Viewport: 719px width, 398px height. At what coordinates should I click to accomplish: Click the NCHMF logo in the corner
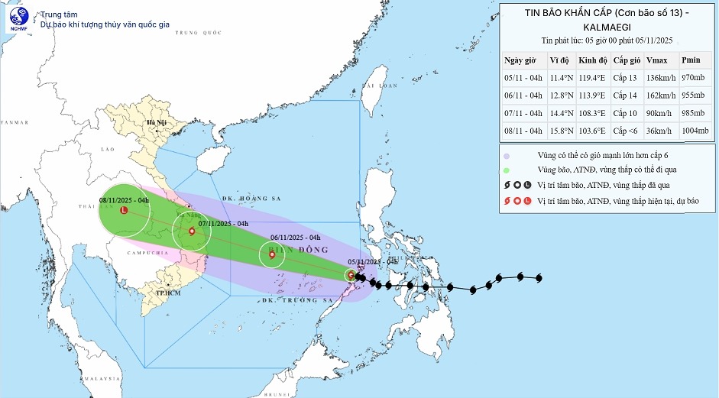17,19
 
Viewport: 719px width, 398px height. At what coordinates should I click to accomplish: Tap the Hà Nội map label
157,123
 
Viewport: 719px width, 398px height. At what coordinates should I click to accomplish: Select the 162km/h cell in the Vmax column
659,95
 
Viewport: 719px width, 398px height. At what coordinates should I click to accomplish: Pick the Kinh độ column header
591,60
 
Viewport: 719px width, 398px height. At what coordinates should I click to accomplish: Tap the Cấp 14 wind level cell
625,95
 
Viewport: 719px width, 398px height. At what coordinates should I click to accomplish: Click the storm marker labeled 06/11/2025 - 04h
272,255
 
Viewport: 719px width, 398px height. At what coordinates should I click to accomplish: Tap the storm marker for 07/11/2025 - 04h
189,231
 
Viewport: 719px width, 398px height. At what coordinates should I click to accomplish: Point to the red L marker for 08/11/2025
124,209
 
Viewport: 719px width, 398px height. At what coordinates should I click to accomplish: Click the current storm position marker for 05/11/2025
350,274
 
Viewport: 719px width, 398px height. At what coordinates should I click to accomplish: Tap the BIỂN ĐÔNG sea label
306,250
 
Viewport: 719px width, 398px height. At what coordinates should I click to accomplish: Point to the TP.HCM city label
167,293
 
